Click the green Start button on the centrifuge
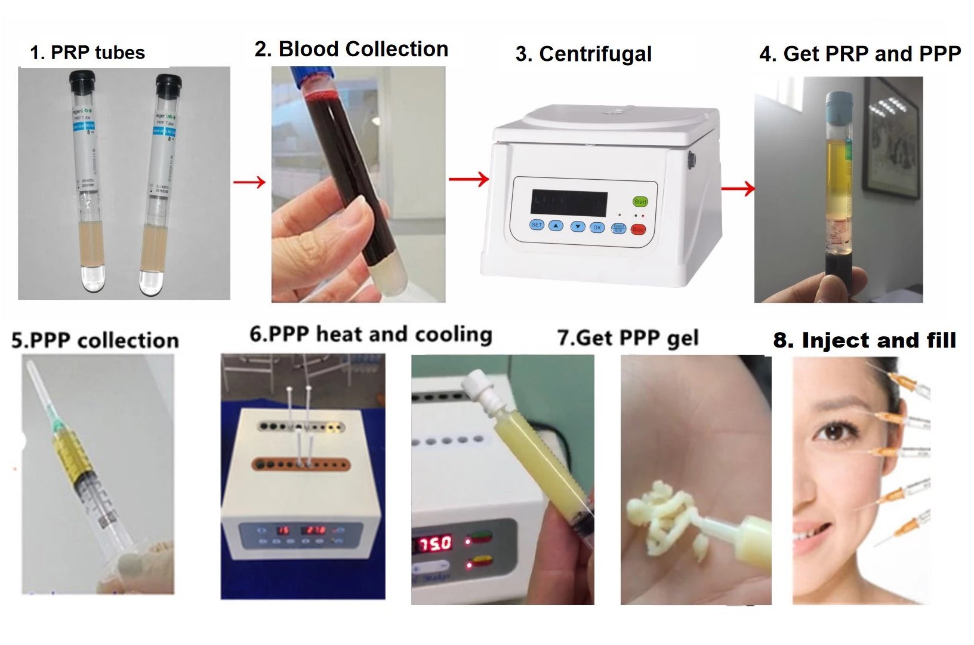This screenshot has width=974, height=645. click(x=640, y=202)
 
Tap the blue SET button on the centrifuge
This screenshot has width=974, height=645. click(x=537, y=225)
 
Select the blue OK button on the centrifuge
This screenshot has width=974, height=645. click(x=597, y=228)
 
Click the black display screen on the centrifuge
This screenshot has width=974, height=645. click(x=569, y=204)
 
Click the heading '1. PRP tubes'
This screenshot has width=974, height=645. click(x=88, y=53)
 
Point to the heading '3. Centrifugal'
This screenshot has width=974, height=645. click(x=583, y=54)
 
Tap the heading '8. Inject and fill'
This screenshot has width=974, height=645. click(x=864, y=340)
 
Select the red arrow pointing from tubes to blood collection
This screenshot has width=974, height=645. click(x=249, y=182)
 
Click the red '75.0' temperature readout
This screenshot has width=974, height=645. click(x=435, y=543)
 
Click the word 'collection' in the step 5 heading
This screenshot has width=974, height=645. click(x=128, y=340)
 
